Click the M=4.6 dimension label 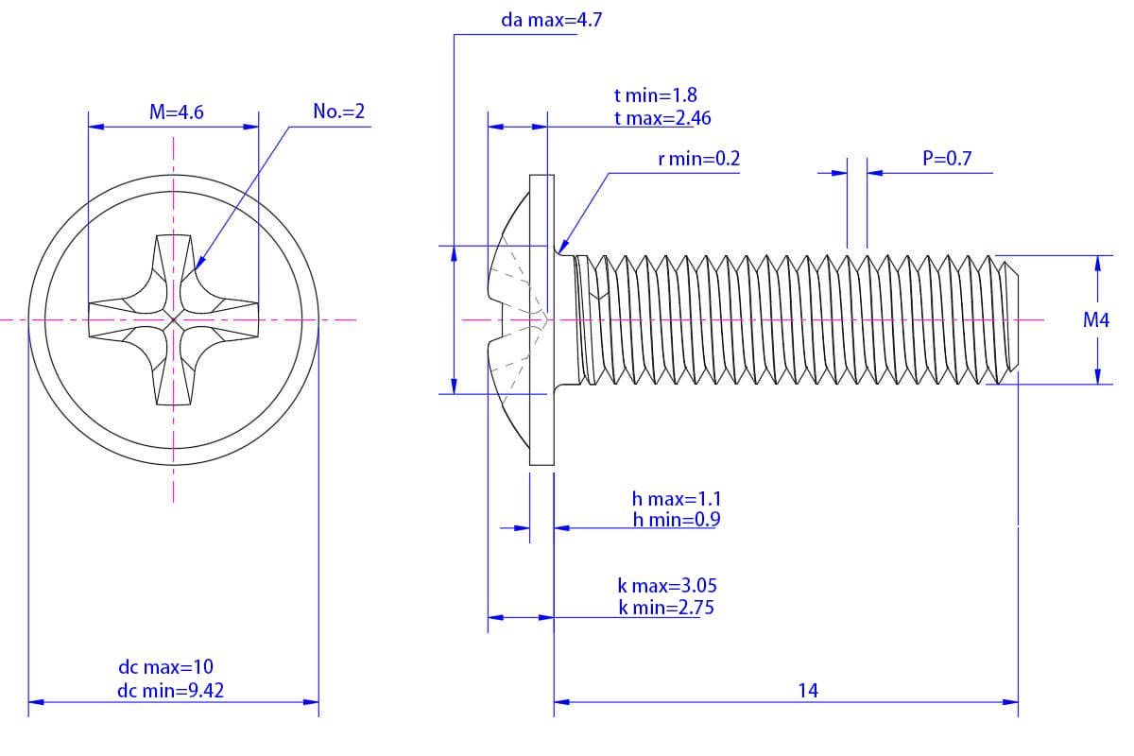pos(177,112)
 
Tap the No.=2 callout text pos(338,112)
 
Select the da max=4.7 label pos(552,20)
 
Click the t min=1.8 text pos(655,95)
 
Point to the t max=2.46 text pos(661,118)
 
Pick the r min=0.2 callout pos(698,159)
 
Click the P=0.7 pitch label pos(947,159)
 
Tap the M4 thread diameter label pos(1096,320)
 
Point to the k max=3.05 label pos(666,586)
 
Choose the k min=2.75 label pos(666,608)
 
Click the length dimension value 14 pos(807,691)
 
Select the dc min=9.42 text pos(171,691)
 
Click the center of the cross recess pos(174,320)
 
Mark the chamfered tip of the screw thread pos(1009,320)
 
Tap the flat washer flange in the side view pos(540,320)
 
